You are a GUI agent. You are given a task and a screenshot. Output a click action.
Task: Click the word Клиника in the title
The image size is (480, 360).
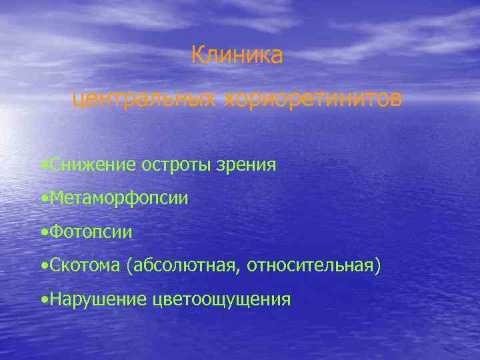coord(237,55)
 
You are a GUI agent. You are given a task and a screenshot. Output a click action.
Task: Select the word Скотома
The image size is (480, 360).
coord(84,266)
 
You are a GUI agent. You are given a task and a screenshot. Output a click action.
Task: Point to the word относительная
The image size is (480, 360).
coord(311,266)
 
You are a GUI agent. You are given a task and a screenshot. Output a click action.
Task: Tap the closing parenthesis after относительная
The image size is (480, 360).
coord(379,267)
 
